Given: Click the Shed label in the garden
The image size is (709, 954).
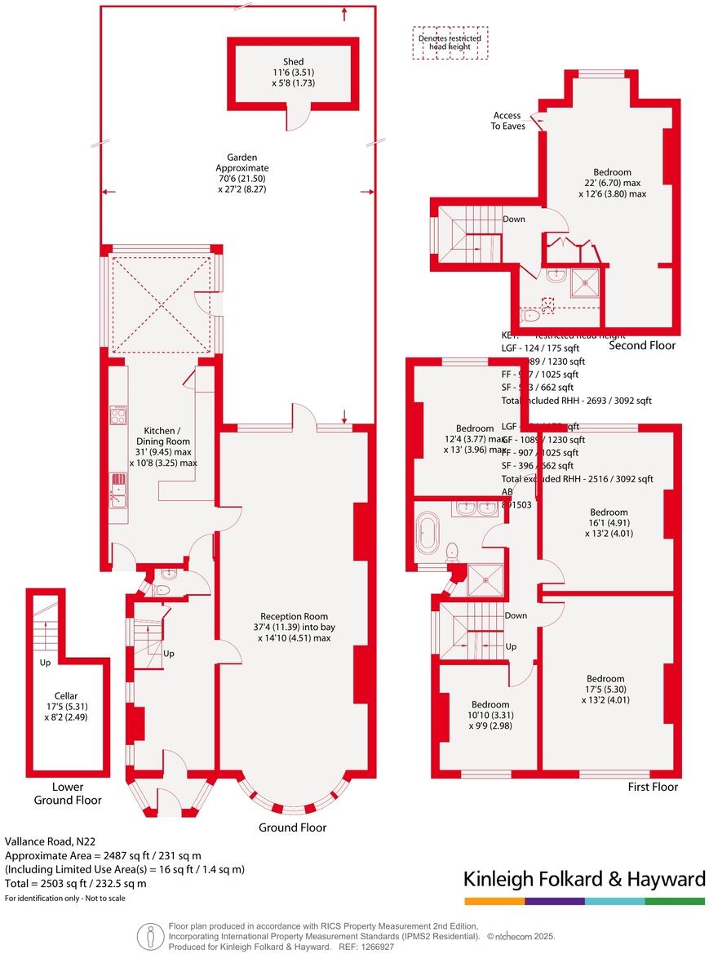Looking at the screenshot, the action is click(294, 72).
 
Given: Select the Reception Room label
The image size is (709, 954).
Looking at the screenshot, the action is click(294, 627).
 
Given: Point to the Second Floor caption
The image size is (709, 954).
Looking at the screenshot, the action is click(643, 346).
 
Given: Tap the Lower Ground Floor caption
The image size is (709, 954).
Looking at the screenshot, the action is click(68, 794).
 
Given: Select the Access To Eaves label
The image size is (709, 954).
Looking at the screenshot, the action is click(507, 121).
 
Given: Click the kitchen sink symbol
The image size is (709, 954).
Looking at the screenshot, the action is click(119, 491).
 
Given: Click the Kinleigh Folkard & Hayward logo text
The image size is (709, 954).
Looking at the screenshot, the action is click(584, 879).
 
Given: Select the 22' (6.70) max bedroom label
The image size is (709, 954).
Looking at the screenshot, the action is click(612, 183).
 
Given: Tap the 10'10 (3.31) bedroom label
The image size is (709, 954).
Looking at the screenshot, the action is click(490, 715).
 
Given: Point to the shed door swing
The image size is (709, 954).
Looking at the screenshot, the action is click(302, 117).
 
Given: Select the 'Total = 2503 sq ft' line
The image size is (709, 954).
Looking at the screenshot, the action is click(76, 883).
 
